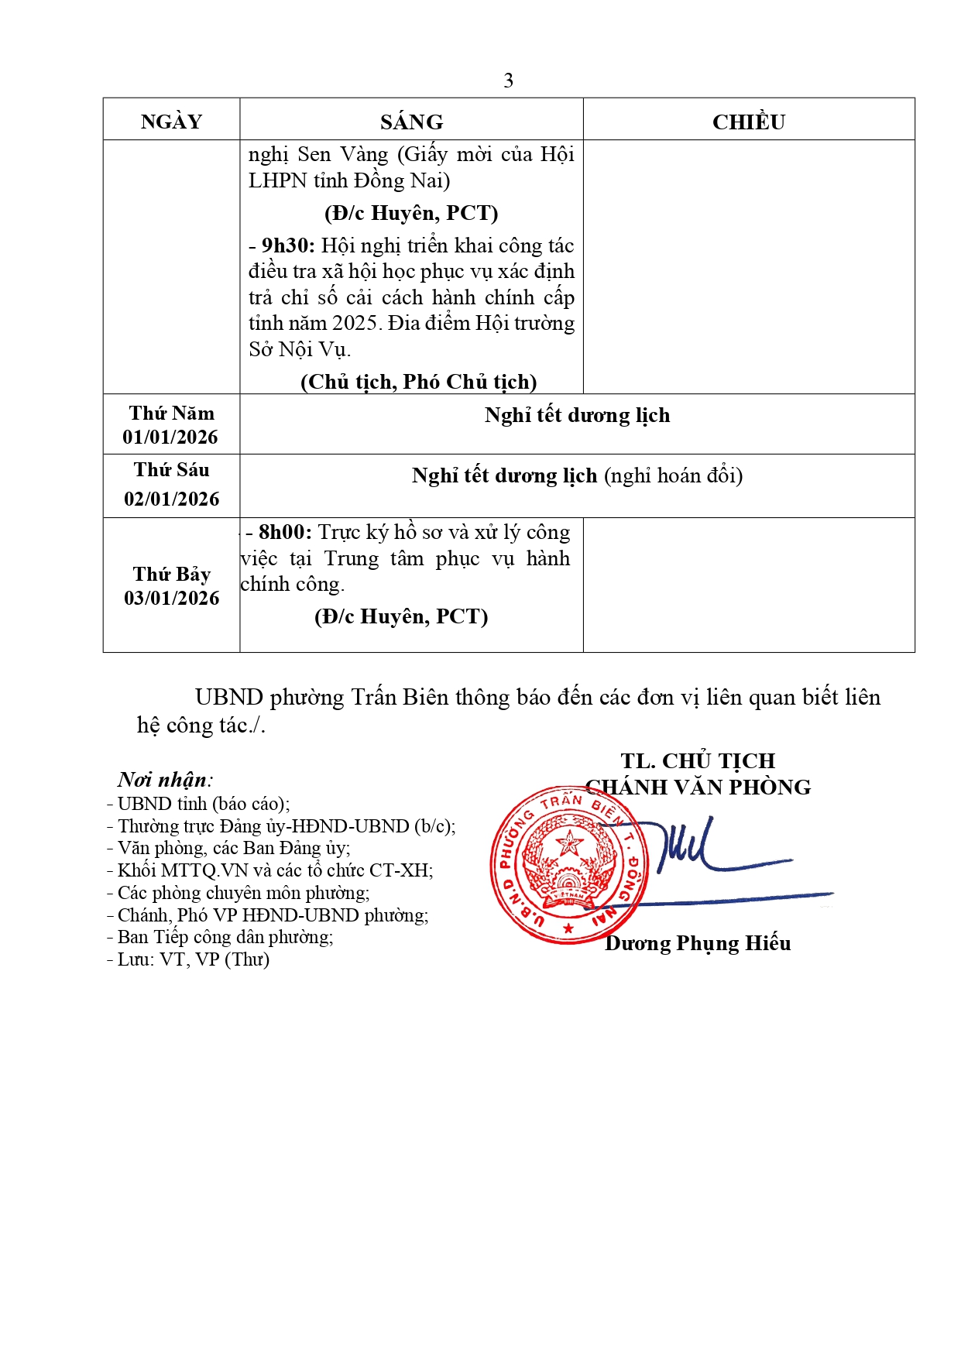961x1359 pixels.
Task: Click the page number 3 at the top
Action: [508, 81]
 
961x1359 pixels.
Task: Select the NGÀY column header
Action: [171, 122]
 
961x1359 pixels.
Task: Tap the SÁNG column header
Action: [411, 122]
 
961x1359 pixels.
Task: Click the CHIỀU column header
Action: [748, 122]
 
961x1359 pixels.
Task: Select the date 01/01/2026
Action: [170, 438]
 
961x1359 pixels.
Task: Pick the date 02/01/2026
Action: [171, 499]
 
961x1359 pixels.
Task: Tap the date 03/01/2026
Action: [171, 598]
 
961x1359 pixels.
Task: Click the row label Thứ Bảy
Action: [171, 574]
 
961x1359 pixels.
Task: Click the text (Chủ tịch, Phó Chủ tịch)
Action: [418, 382]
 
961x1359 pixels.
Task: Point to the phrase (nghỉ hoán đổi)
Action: [673, 475]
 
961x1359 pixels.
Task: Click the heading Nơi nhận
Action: [164, 780]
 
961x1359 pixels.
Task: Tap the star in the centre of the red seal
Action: [571, 843]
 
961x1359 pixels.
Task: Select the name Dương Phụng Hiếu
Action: [698, 943]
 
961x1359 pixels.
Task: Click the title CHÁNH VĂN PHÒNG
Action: [698, 788]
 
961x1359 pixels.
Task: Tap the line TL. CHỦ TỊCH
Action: [698, 760]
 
